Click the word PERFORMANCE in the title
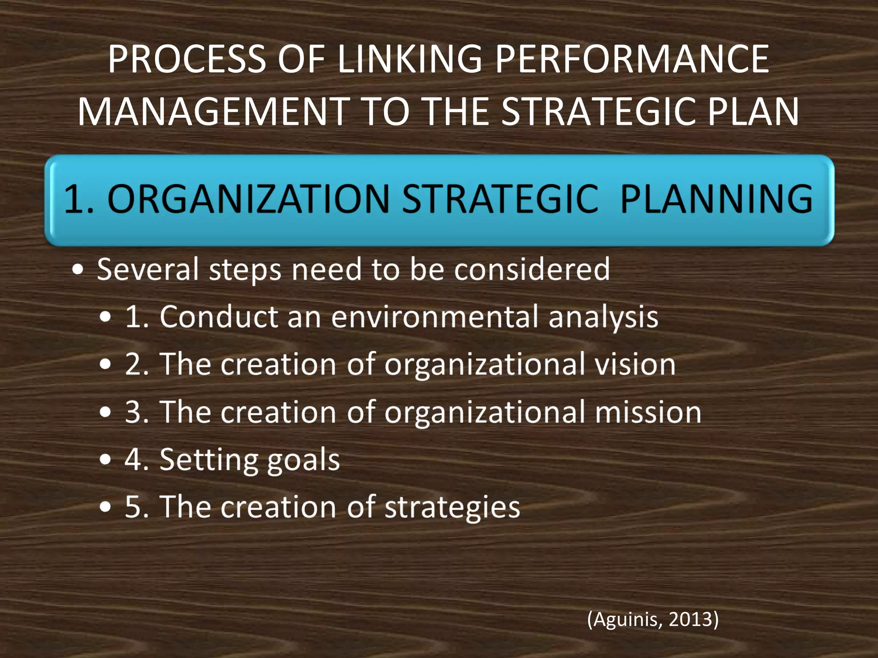pyautogui.click(x=632, y=59)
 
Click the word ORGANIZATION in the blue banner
pyautogui.click(x=248, y=199)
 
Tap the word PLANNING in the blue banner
pyautogui.click(x=716, y=199)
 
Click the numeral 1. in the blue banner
pyautogui.click(x=78, y=199)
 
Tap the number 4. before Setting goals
pyautogui.click(x=136, y=460)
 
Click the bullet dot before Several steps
pyautogui.click(x=78, y=270)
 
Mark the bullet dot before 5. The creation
pyautogui.click(x=105, y=507)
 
